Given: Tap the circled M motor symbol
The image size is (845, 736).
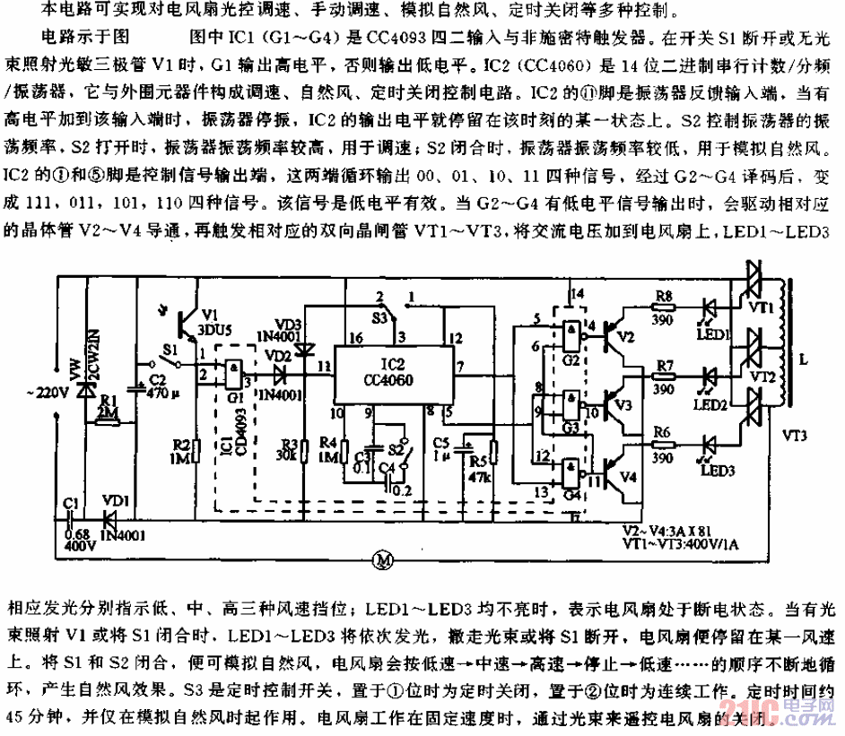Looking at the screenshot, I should [x=383, y=560].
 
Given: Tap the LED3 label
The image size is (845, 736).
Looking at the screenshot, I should [x=719, y=472].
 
